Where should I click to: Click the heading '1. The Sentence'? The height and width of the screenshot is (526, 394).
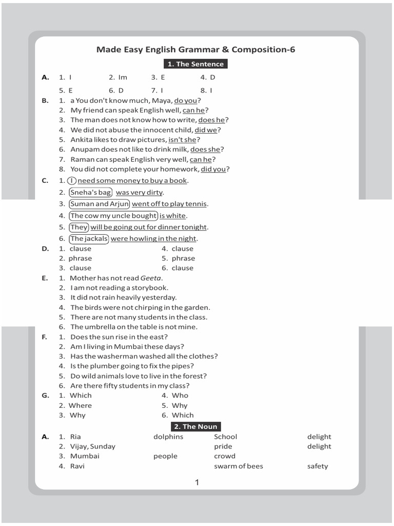(x=195, y=64)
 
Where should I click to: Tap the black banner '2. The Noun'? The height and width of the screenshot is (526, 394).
(x=195, y=426)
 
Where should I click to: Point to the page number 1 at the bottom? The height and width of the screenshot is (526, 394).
(x=197, y=482)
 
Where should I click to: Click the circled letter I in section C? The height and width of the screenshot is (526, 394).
(x=71, y=180)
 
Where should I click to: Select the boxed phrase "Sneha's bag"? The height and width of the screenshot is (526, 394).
(x=90, y=192)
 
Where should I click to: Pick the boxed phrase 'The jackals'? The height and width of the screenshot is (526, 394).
(x=89, y=238)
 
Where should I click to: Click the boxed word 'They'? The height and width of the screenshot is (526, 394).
(x=80, y=227)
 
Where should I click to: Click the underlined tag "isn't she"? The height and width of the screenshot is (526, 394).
(x=182, y=140)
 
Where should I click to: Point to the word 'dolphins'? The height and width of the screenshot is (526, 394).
(x=168, y=437)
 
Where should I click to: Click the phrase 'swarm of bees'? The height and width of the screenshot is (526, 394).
(x=238, y=466)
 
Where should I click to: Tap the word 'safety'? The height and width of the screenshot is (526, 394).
(x=318, y=466)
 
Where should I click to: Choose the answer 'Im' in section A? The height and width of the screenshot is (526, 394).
(x=123, y=77)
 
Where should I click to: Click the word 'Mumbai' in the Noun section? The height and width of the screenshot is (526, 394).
(x=85, y=456)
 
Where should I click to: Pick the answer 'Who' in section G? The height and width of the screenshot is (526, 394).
(x=180, y=396)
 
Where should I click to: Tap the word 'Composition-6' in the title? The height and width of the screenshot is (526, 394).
(x=263, y=50)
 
